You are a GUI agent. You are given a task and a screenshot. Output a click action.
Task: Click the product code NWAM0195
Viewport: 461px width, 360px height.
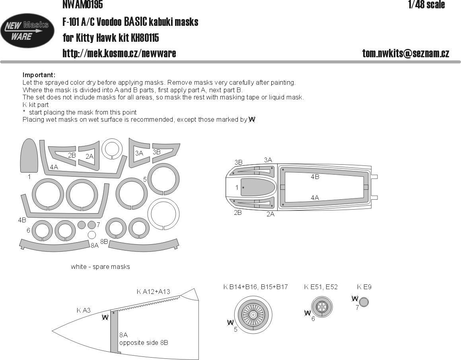pos(82,5)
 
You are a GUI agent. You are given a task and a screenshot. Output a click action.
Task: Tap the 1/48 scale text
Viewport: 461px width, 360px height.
pos(426,5)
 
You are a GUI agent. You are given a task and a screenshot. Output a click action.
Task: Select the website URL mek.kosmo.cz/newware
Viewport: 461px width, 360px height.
pos(119,53)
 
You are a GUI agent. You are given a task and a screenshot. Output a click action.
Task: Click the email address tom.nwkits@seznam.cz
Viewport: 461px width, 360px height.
pos(405,54)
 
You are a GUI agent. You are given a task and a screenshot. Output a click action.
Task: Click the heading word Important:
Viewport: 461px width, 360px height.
pos(39,75)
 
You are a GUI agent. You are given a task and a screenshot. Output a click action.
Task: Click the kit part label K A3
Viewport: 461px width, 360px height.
pos(84,309)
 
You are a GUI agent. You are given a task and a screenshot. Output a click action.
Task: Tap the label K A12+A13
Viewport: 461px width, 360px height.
pos(153,292)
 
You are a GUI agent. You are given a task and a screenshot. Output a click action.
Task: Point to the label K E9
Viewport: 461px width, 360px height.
pos(364,287)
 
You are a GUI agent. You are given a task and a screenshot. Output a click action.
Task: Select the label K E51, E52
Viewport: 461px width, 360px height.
pos(321,287)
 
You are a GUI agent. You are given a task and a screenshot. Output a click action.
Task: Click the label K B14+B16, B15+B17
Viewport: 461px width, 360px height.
pos(255,287)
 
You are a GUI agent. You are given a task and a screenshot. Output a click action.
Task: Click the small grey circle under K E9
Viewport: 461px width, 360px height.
pos(364,302)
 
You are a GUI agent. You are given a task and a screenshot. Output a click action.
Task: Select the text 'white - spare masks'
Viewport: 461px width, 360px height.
pos(100,267)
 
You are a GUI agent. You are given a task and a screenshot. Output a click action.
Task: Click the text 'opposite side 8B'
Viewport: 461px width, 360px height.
pos(143,342)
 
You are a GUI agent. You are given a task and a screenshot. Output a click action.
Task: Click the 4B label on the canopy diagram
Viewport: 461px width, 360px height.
pos(315,177)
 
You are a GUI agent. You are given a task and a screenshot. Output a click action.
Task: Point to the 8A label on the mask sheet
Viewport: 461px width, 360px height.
pos(94,245)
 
